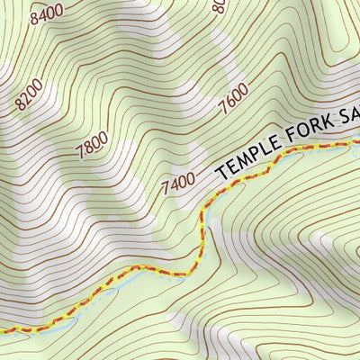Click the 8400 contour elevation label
coord(47,13)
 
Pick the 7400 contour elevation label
coord(177,184)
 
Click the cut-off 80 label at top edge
coord(217,7)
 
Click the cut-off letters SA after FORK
coord(350,115)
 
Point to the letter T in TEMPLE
coord(220,169)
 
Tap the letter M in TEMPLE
coord(241,157)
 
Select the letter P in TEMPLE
coord(253,152)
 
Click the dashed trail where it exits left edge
coord(3,329)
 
